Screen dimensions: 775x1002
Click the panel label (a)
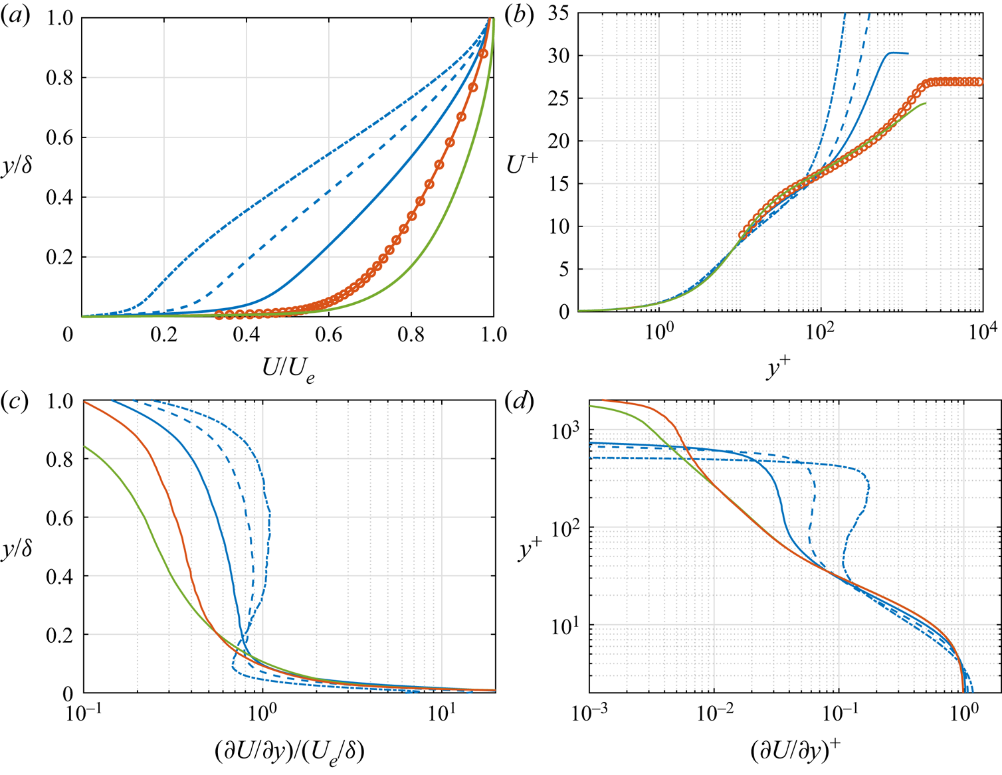click(x=15, y=16)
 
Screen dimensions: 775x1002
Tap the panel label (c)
click(x=15, y=402)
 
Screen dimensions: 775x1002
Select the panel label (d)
click(x=519, y=402)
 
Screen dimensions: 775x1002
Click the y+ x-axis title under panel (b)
click(x=779, y=367)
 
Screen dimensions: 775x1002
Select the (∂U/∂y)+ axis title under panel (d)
click(x=795, y=750)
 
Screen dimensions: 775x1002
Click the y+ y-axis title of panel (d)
click(x=530, y=549)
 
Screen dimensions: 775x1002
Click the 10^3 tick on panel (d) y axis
click(x=565, y=430)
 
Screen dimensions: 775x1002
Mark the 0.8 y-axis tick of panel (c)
click(x=60, y=460)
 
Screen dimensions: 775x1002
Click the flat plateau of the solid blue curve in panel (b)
click(x=898, y=53)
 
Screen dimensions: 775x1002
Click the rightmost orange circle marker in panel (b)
click(x=979, y=82)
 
